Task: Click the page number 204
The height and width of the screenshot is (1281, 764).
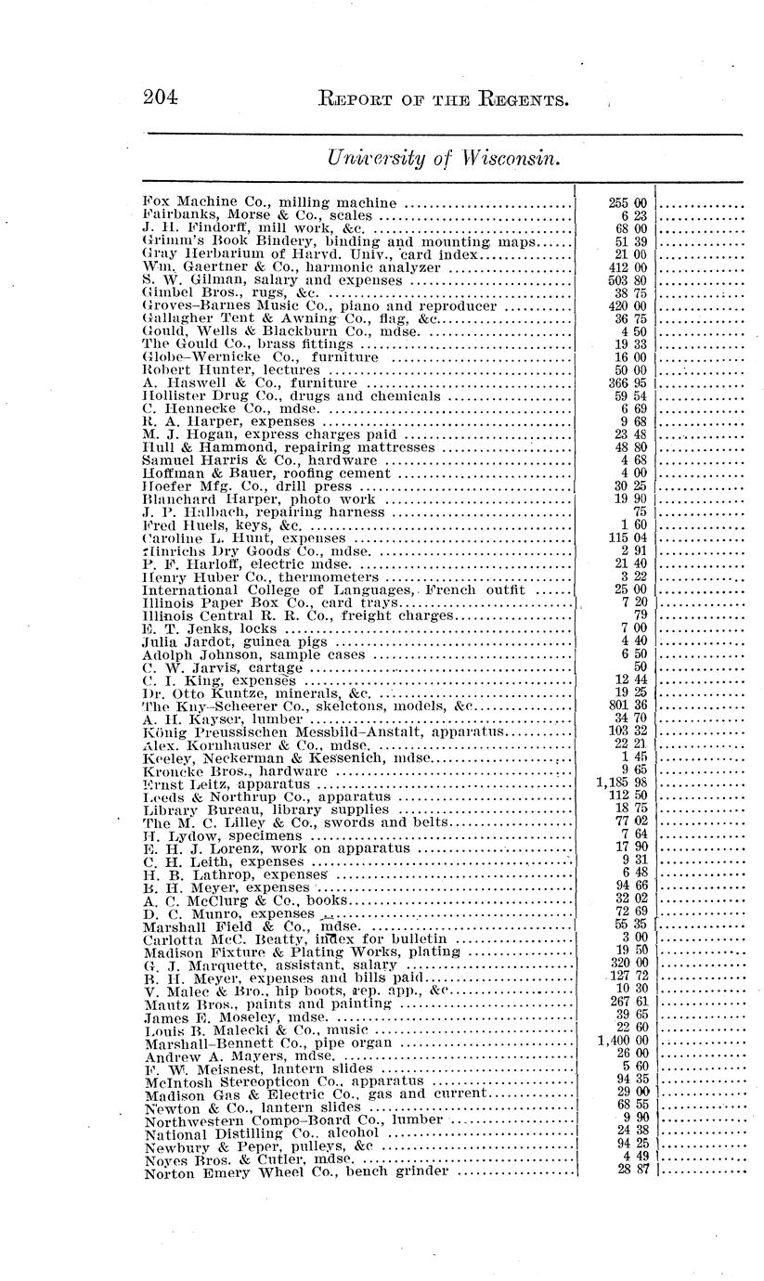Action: [162, 96]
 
